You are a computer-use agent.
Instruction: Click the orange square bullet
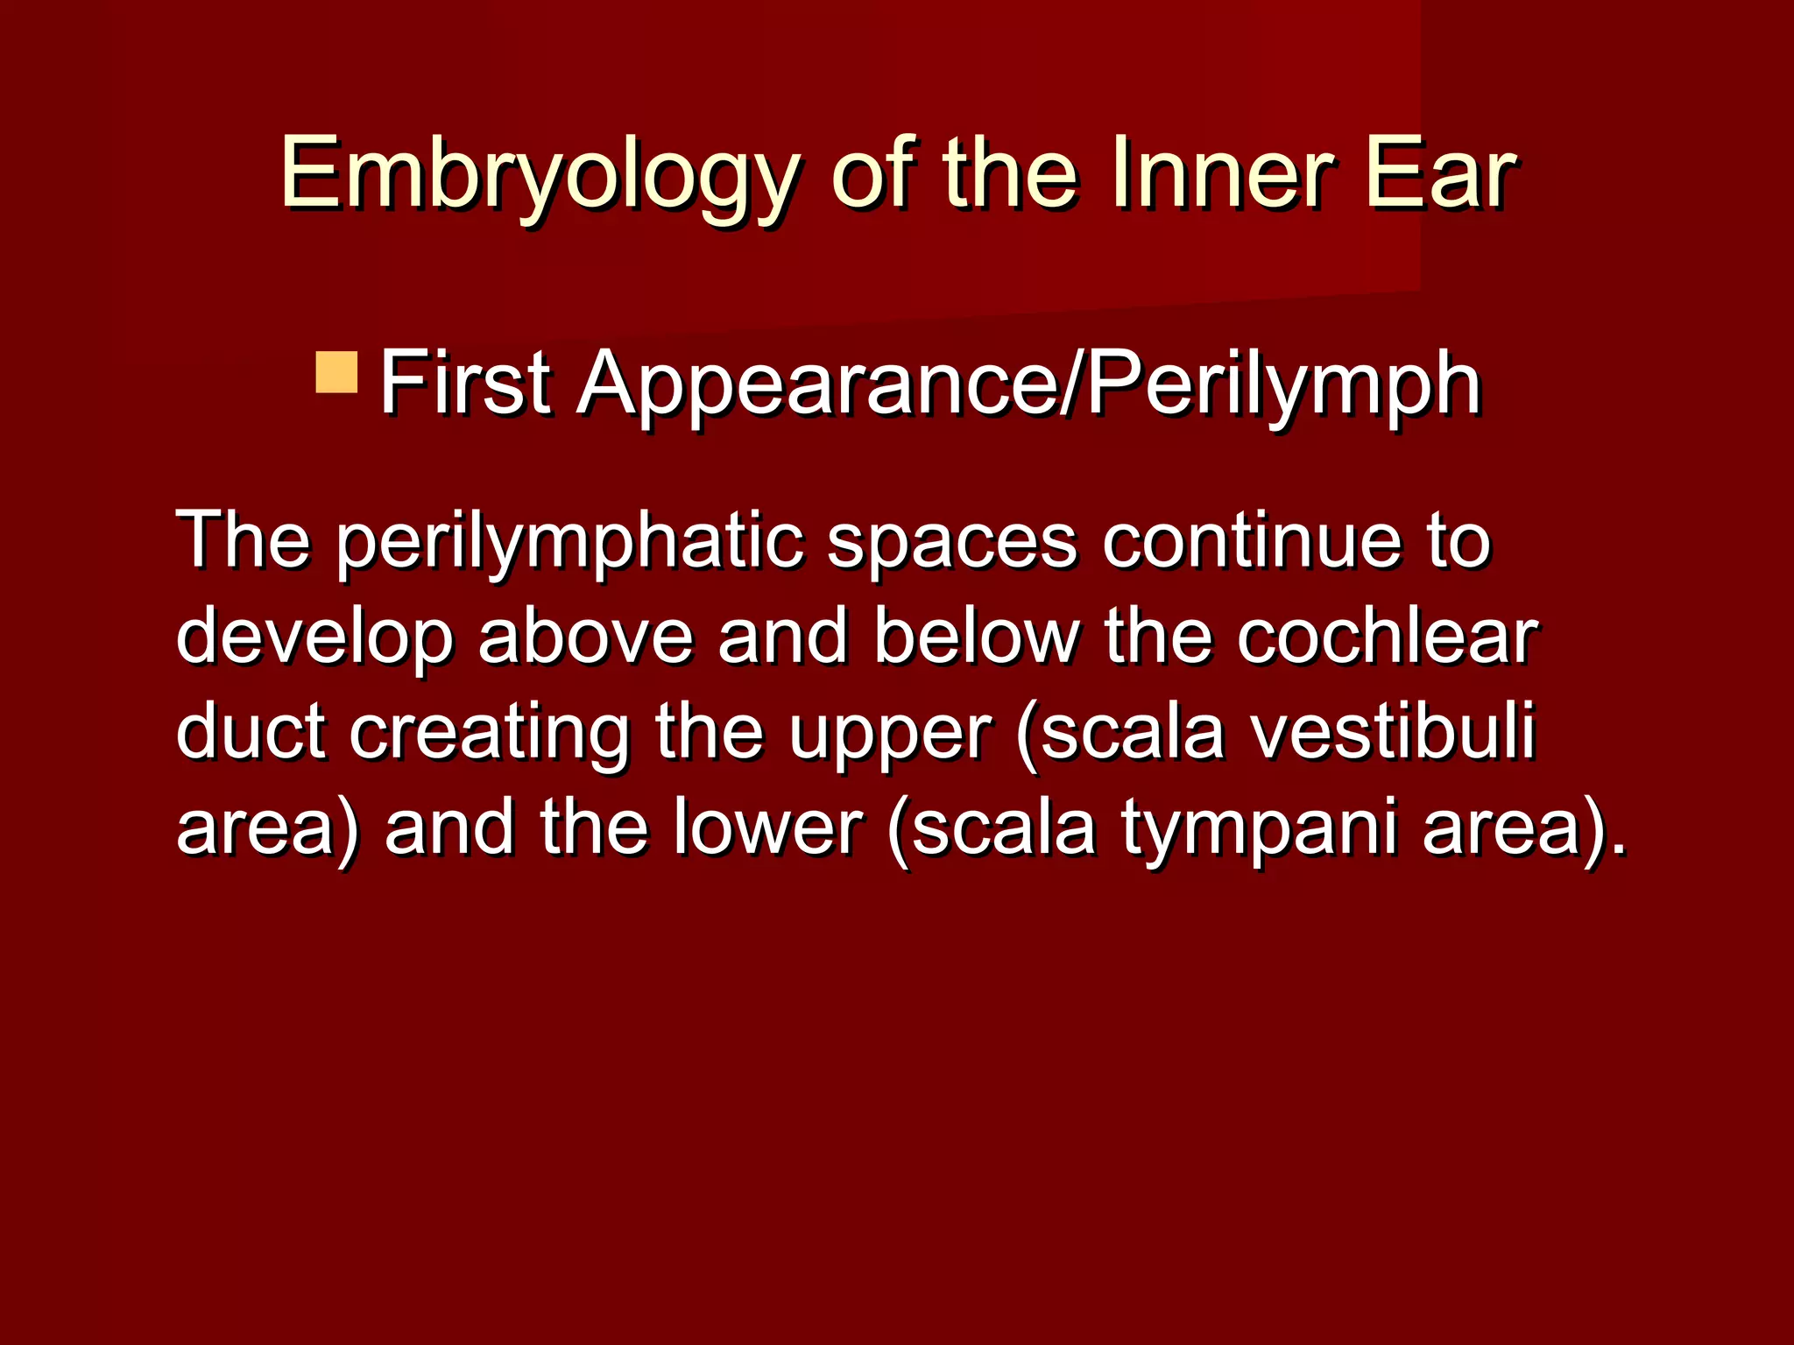(x=336, y=372)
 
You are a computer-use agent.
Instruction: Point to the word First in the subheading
(x=465, y=384)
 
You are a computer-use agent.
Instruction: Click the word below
(x=976, y=637)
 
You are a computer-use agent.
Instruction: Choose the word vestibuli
(x=1393, y=731)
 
